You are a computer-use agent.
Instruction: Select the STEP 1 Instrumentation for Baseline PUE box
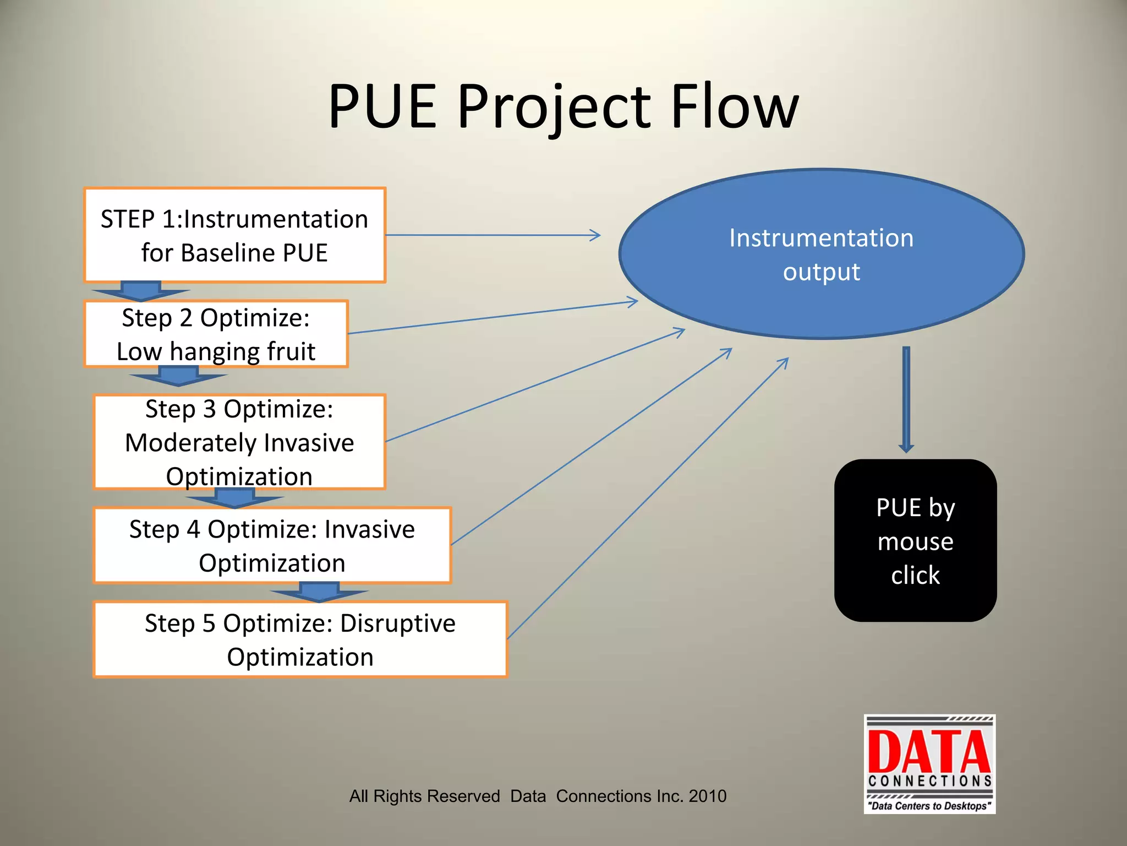(x=235, y=235)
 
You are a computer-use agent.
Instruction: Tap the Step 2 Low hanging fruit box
(x=216, y=334)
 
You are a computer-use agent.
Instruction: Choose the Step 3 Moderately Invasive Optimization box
(x=239, y=442)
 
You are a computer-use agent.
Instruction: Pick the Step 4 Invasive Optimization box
(x=272, y=545)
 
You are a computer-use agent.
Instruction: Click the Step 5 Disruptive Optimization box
(x=300, y=639)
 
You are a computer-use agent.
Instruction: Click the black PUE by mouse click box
(x=915, y=541)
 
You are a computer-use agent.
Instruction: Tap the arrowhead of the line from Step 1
(x=596, y=235)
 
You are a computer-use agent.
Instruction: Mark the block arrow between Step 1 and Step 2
(x=141, y=291)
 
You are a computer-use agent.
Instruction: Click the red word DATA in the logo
(x=929, y=752)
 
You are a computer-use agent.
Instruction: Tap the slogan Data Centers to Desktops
(x=929, y=806)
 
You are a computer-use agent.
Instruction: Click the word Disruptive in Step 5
(x=397, y=623)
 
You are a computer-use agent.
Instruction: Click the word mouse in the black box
(x=915, y=541)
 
